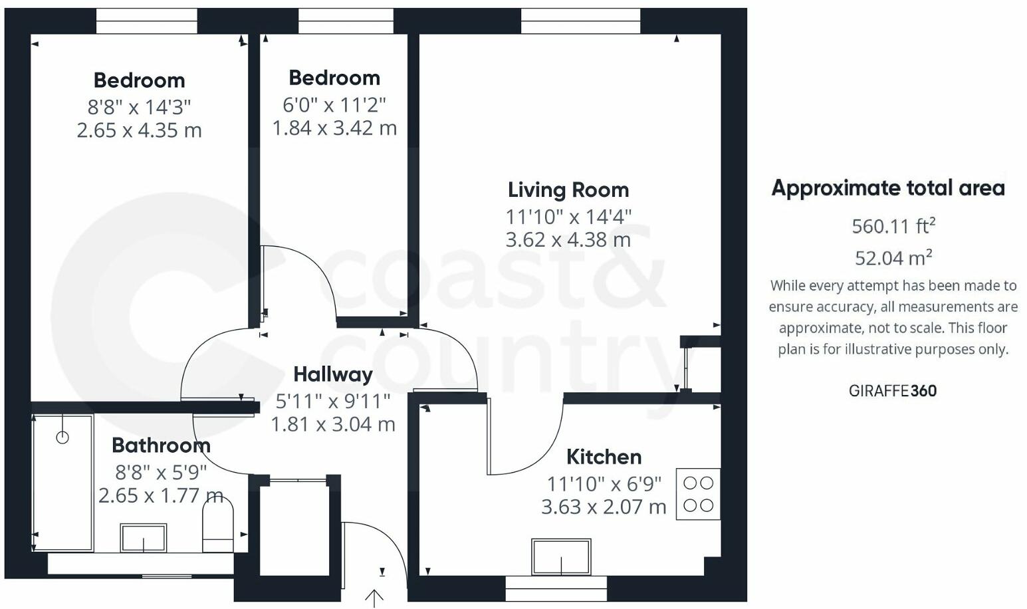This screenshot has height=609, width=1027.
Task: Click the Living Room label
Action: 568,190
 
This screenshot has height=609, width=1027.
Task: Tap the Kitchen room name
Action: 604,457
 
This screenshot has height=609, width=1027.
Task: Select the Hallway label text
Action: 332,374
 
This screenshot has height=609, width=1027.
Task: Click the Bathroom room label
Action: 161,445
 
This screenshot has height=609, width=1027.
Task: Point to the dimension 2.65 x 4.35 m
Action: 139,130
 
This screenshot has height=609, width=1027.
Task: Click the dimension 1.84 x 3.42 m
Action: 334,128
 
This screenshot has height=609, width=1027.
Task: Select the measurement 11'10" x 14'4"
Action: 568,216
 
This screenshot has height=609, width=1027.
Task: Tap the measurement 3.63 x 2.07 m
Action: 604,507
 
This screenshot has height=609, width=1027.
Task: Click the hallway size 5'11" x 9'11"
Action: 332,401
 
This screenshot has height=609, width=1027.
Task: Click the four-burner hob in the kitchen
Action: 698,494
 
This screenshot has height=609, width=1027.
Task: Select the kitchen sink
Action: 561,556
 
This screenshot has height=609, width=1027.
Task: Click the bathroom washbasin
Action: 144,537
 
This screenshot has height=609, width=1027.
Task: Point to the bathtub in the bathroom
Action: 63,483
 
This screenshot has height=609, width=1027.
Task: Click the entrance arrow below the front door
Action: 374,598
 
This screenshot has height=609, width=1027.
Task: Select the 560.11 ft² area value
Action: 893,226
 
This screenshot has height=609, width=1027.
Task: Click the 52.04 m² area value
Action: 893,257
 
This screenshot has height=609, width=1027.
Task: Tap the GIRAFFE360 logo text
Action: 892,391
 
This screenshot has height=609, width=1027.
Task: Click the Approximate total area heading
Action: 887,188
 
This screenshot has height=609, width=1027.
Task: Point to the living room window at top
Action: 580,21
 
